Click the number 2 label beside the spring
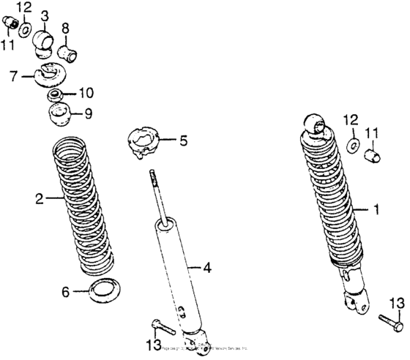point(39,198)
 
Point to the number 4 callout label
point(207,268)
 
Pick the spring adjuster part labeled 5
point(144,140)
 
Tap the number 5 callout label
point(183,139)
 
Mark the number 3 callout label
point(45,15)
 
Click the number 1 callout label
point(377,210)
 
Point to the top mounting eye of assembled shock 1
point(313,125)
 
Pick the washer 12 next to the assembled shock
point(352,145)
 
